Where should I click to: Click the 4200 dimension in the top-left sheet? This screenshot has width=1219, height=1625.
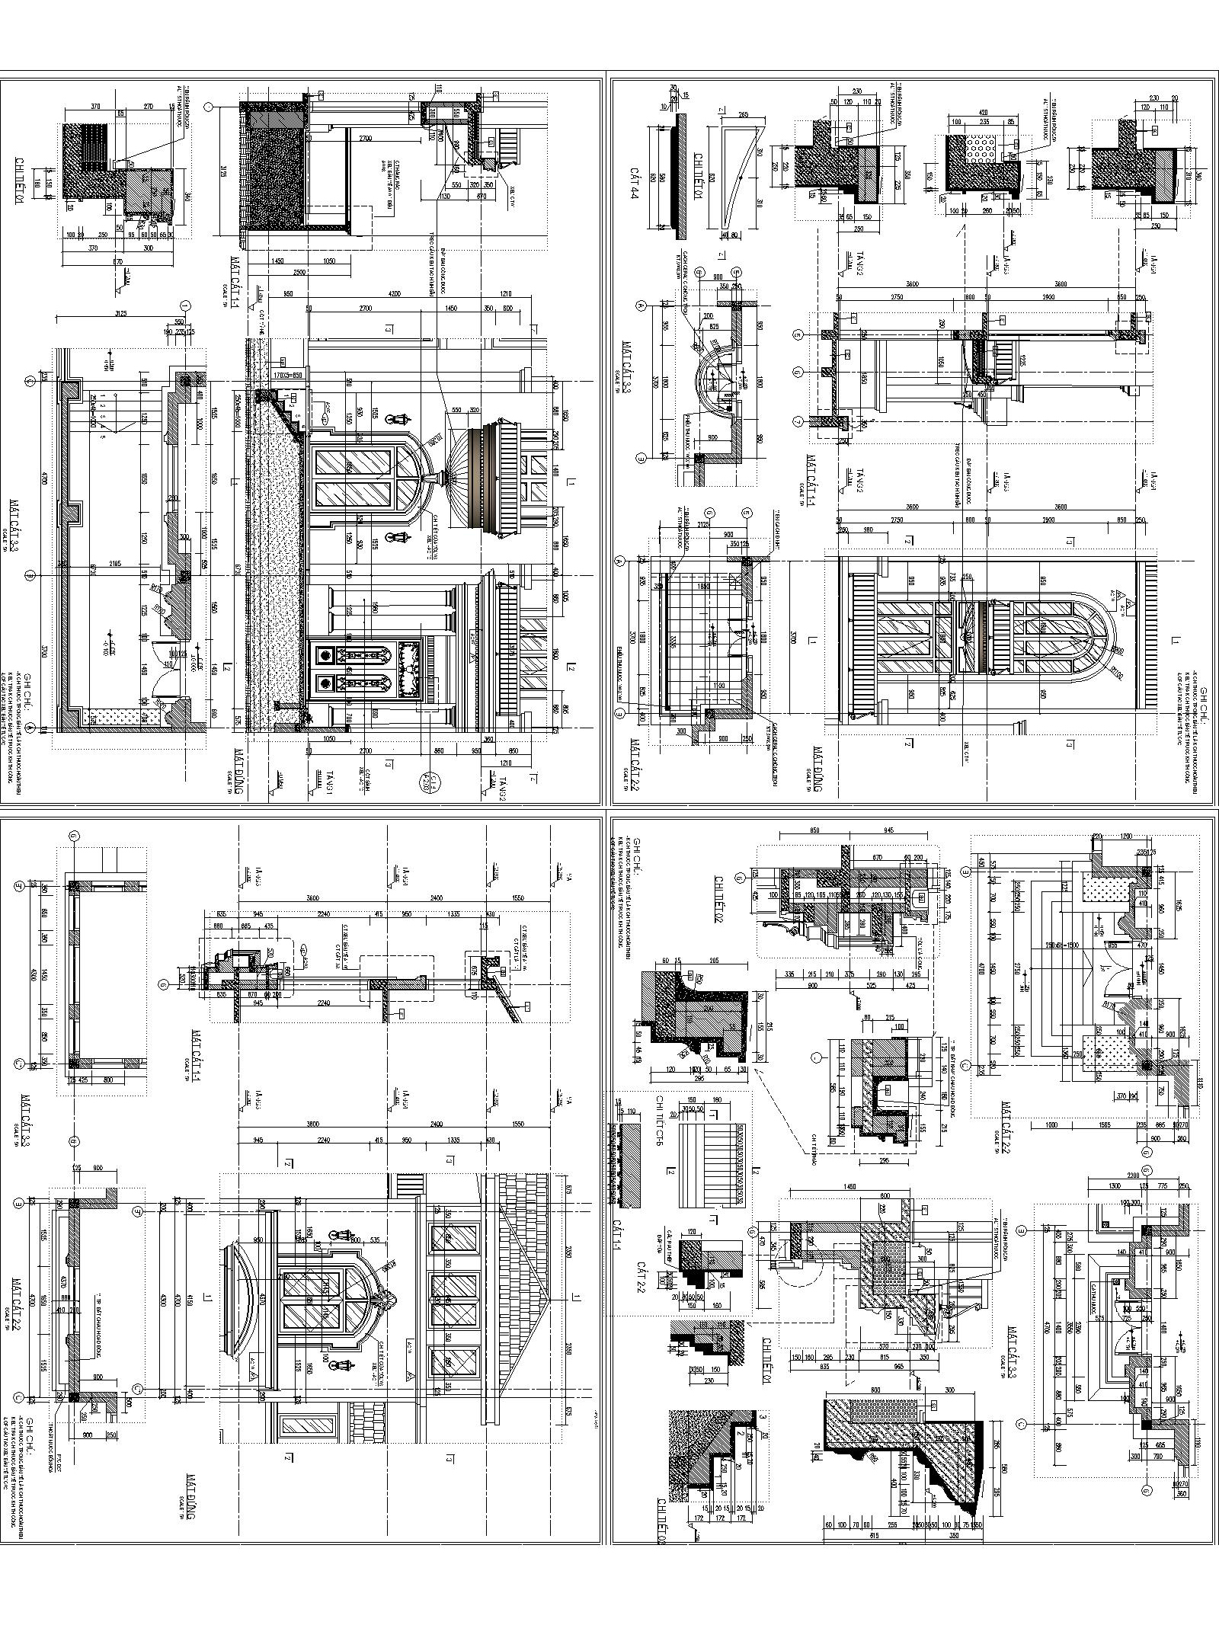pyautogui.click(x=395, y=294)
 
